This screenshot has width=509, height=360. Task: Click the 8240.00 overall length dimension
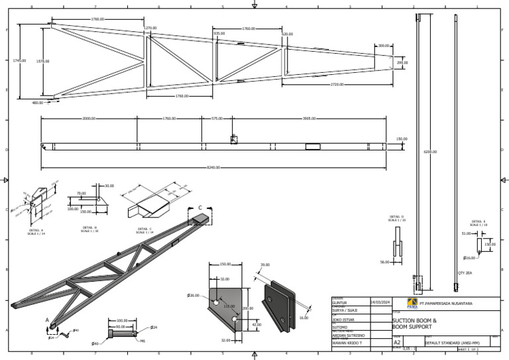click(213, 167)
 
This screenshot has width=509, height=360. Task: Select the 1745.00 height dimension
click(20, 61)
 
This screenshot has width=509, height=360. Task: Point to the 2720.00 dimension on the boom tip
click(336, 85)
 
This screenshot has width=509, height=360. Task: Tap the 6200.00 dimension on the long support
click(430, 152)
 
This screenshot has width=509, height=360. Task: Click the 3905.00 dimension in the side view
click(309, 119)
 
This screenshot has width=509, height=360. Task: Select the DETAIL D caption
click(397, 217)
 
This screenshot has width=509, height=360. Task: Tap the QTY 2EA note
click(465, 272)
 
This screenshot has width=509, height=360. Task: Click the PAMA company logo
click(394, 304)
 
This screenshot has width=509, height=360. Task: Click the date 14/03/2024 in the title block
click(380, 302)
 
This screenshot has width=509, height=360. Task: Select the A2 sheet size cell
click(398, 342)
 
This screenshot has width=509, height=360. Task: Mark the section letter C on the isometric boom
click(200, 208)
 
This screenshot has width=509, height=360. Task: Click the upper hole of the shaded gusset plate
click(216, 301)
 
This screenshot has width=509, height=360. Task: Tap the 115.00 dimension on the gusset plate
click(229, 306)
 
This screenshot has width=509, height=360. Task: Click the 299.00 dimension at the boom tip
click(402, 62)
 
